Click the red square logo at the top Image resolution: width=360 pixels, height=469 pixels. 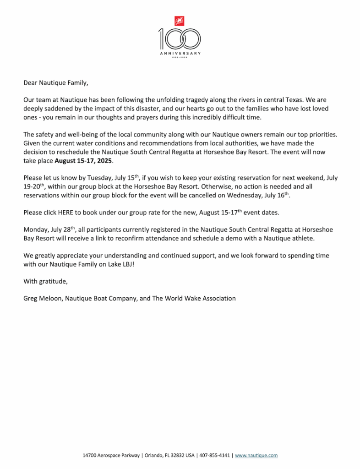click(179, 21)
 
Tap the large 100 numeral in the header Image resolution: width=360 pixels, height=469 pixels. click(179, 39)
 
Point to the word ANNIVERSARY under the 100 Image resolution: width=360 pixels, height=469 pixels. click(180, 54)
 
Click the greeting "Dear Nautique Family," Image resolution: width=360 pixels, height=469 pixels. click(55, 83)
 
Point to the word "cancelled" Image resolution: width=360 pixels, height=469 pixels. click(201, 195)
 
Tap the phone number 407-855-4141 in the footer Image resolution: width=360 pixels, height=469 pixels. click(215, 455)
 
